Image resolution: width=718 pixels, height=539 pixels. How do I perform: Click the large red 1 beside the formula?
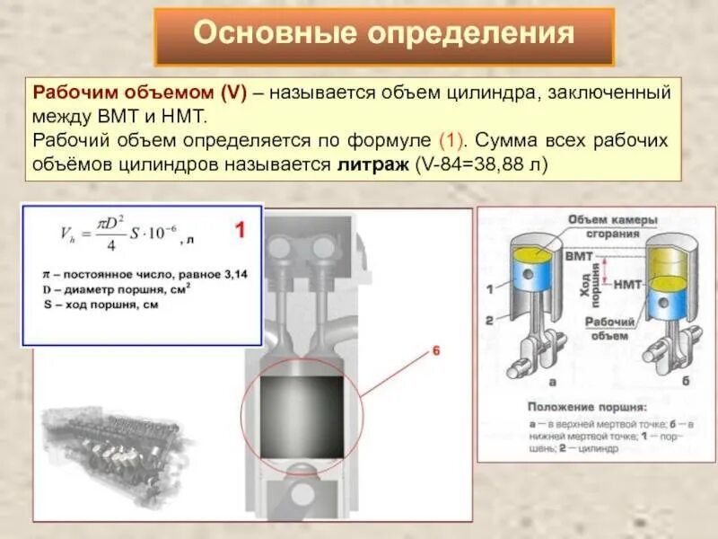click(x=241, y=231)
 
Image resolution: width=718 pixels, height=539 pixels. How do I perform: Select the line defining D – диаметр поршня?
click(x=115, y=290)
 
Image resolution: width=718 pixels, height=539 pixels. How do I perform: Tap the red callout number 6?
click(x=437, y=352)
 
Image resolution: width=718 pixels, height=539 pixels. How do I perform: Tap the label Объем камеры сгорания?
click(x=612, y=226)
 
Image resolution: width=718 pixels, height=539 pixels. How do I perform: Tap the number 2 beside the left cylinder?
click(x=489, y=320)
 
